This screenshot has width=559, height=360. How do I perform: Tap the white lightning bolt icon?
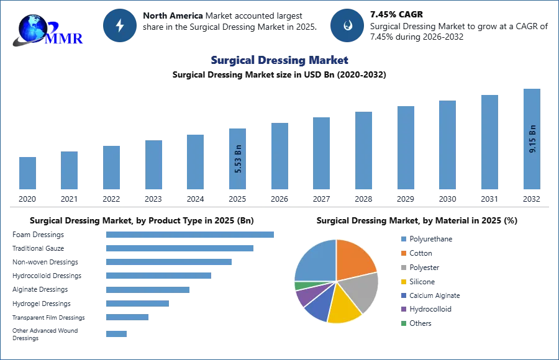[120, 25]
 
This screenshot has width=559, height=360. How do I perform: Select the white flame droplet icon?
[347, 25]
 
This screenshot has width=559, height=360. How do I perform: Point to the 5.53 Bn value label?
[238, 158]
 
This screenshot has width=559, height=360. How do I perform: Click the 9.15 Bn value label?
[532, 139]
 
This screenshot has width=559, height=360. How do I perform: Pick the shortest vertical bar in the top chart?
[27, 173]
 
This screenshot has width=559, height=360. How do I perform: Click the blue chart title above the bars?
[279, 60]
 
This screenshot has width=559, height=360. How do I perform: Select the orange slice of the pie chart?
[355, 259]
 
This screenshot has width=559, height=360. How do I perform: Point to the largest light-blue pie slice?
[314, 259]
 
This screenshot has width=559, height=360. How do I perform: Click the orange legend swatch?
[402, 253]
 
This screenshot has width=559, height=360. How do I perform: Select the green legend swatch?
[402, 323]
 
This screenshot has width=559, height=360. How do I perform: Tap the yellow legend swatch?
[402, 282]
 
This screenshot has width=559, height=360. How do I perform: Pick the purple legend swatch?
[402, 308]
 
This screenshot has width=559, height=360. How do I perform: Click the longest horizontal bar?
[191, 233]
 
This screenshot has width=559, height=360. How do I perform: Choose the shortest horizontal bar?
[116, 333]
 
